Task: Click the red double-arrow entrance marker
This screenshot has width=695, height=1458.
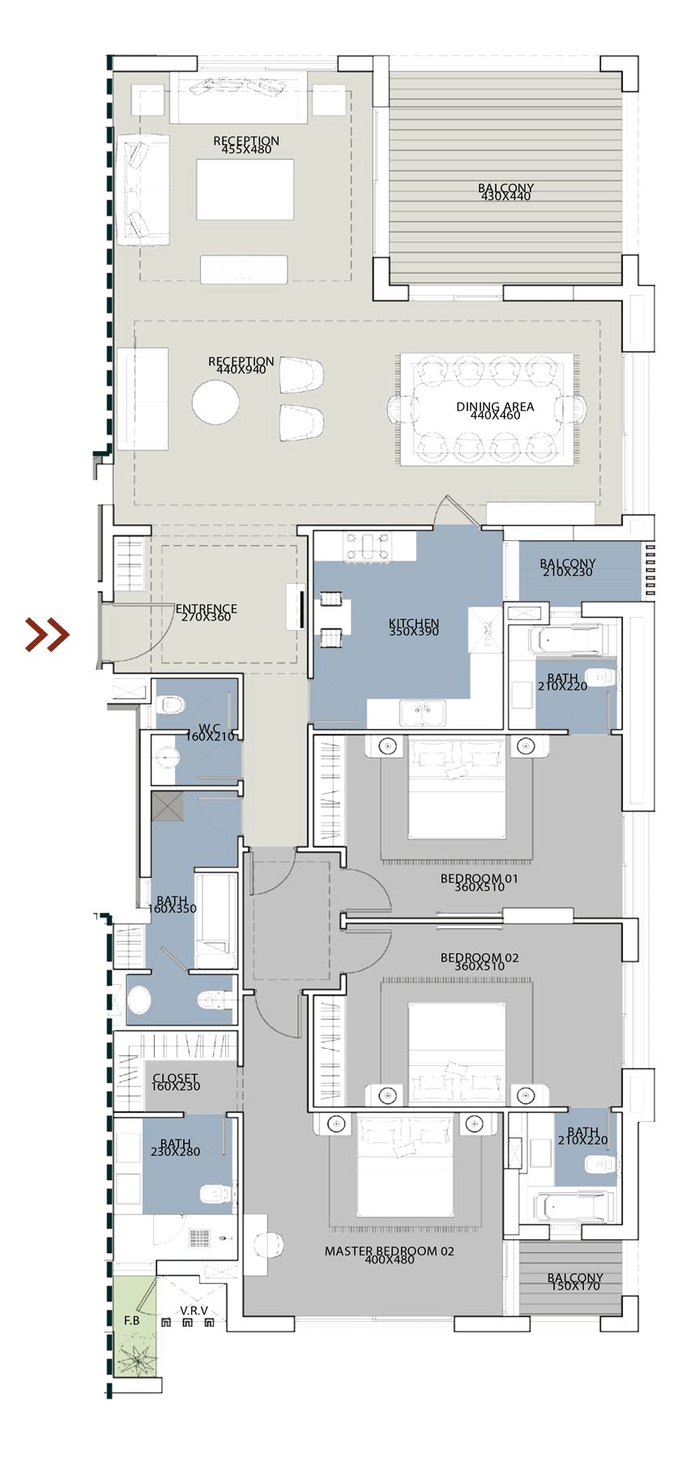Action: (45, 634)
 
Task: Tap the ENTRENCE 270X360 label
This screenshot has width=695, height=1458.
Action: (206, 612)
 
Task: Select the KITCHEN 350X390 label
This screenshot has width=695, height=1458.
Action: (414, 627)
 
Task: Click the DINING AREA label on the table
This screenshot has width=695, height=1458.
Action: (494, 410)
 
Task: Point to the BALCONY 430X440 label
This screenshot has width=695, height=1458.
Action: (505, 192)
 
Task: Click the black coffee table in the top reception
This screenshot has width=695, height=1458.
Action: (245, 189)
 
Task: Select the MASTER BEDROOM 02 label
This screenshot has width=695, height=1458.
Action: (389, 1255)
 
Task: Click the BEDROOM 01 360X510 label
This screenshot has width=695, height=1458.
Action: (479, 882)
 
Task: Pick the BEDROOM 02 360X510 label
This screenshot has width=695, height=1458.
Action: (479, 961)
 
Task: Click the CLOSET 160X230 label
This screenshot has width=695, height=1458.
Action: (175, 1082)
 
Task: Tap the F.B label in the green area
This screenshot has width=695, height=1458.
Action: (132, 1320)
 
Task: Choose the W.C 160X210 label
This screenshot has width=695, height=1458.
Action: (210, 732)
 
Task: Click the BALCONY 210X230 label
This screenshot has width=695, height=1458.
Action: (567, 567)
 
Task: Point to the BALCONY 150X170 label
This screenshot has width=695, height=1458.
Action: (575, 1281)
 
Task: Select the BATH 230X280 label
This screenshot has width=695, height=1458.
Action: (175, 1147)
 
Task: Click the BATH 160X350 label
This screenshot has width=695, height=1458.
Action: (172, 905)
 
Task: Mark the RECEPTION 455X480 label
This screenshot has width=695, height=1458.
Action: (246, 144)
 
